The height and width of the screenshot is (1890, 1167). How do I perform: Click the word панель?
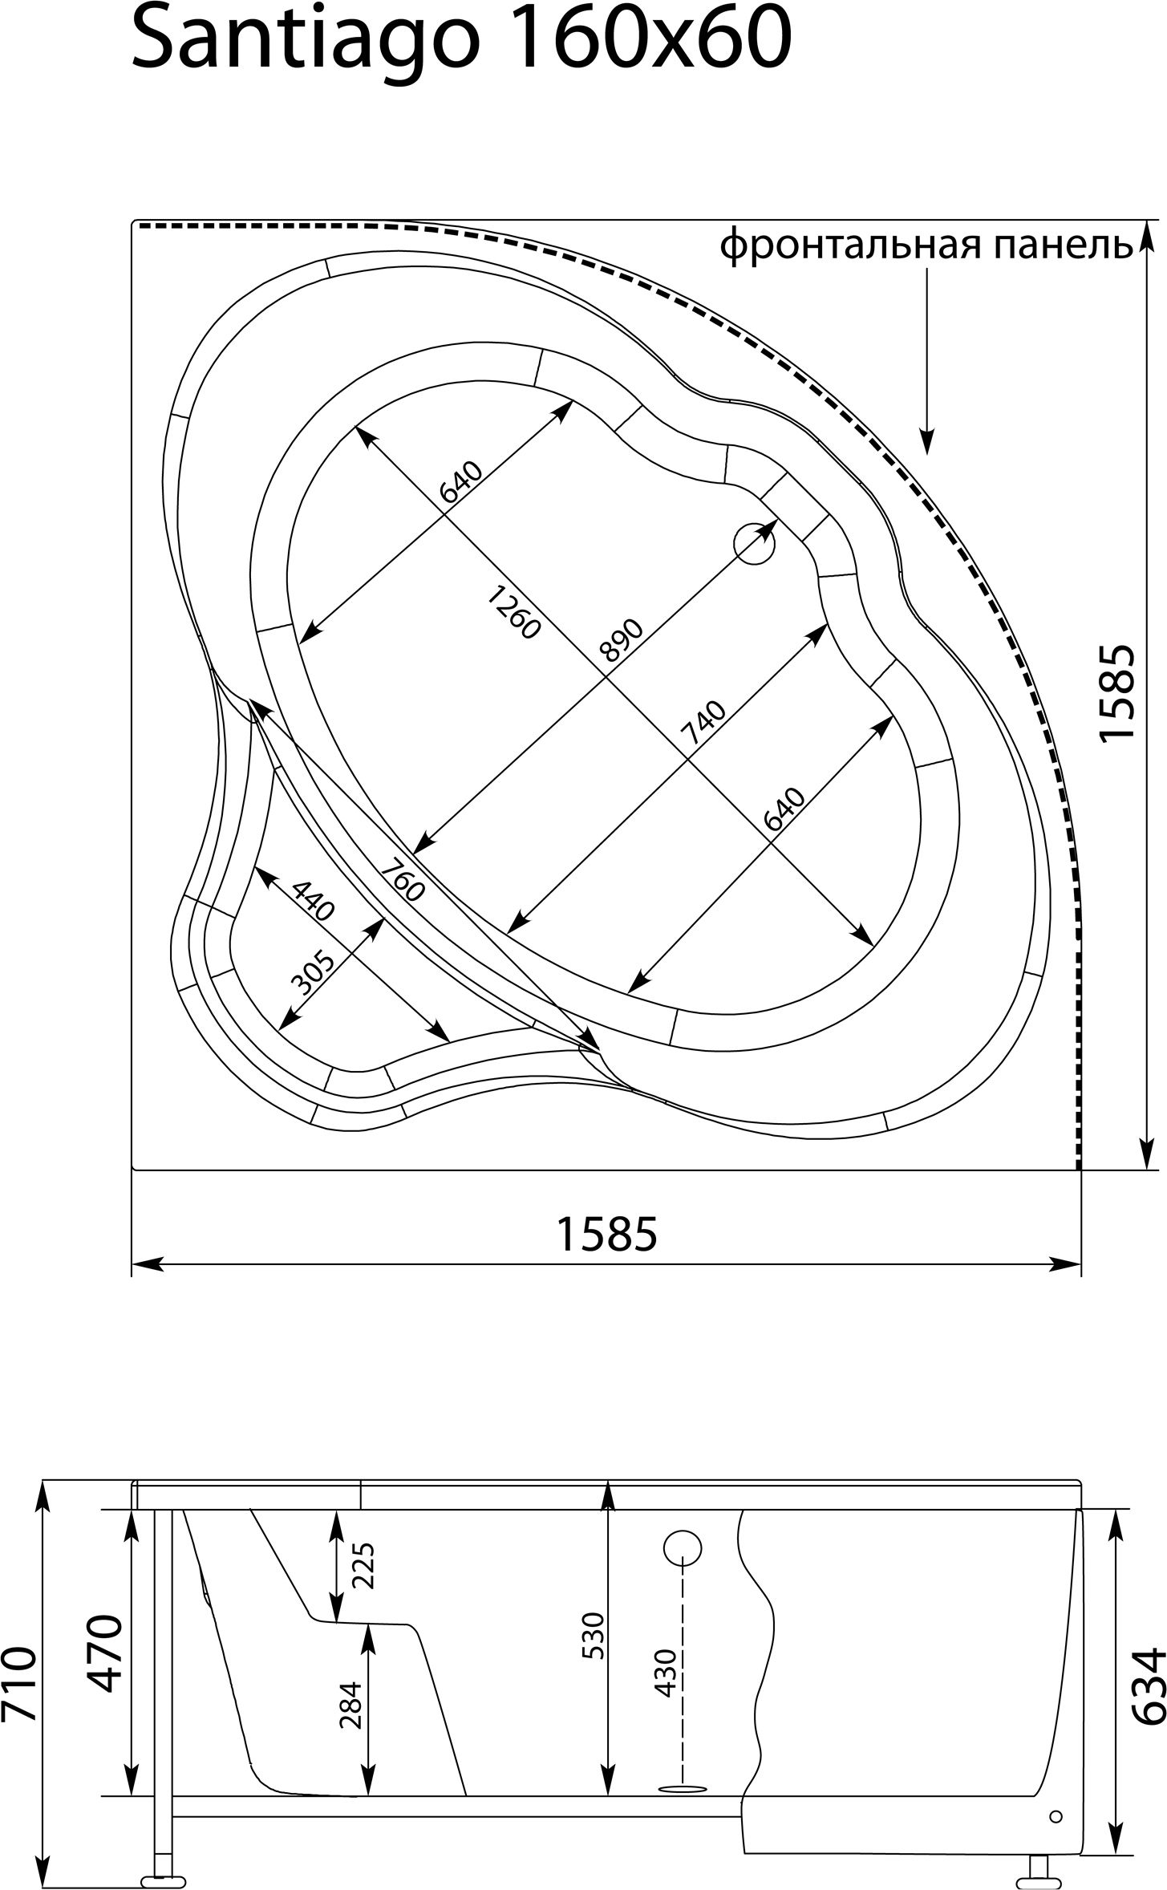pos(1064,244)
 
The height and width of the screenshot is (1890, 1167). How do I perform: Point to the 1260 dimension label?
pos(513,613)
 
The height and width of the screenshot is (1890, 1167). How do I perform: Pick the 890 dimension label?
pos(622,639)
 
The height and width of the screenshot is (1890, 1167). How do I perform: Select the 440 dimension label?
pos(312,900)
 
